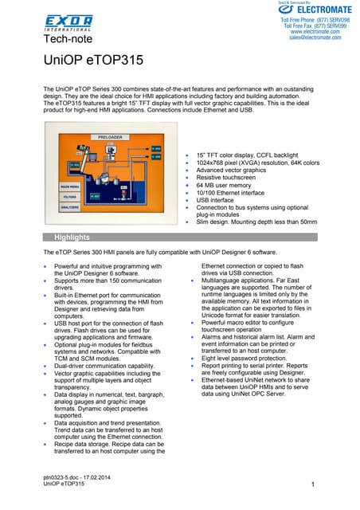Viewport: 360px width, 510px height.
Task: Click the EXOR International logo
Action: tap(68, 22)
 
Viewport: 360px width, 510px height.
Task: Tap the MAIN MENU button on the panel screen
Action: tap(69, 186)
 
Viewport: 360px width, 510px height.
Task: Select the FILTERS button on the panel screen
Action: tap(69, 196)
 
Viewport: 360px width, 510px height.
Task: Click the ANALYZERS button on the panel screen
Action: tap(69, 207)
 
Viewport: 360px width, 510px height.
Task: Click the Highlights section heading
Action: tap(72, 237)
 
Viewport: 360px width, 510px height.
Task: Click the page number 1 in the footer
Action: tap(314, 484)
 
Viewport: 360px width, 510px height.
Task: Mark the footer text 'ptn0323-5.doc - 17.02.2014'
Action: tap(78, 477)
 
